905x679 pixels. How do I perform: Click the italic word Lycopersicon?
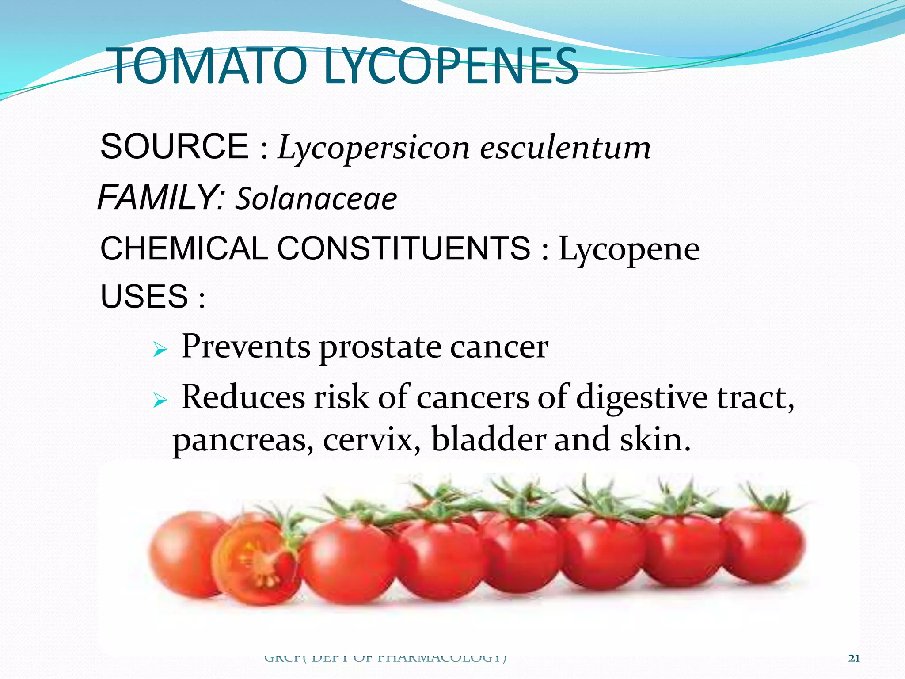point(373,148)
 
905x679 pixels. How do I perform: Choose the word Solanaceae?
point(316,199)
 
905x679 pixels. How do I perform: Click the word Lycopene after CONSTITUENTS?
point(629,250)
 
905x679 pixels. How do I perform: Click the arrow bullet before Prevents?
point(160,351)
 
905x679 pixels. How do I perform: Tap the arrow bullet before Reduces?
point(160,401)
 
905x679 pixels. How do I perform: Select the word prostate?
point(380,347)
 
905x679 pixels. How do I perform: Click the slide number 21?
point(854,658)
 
